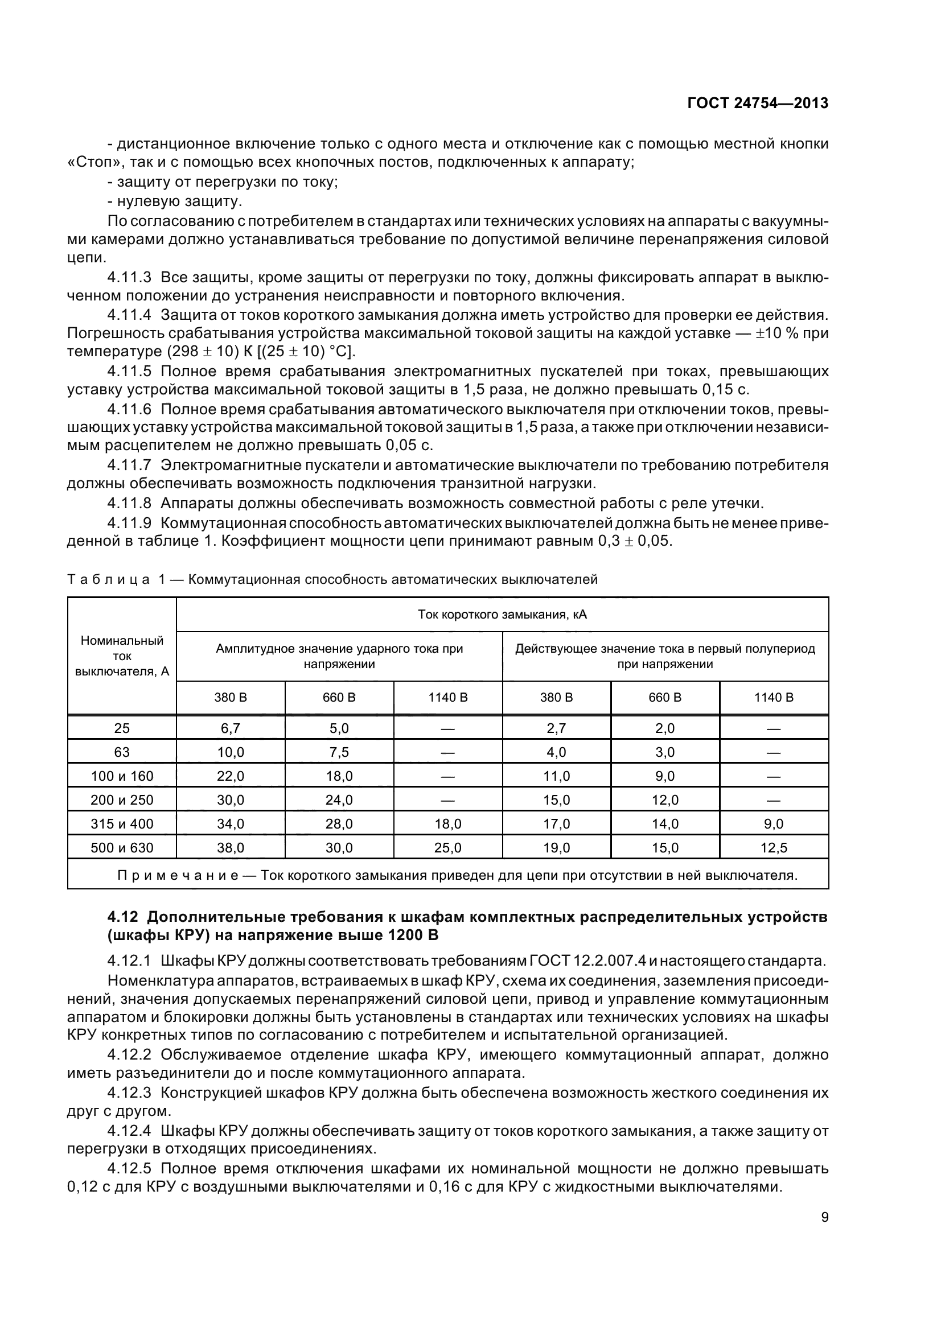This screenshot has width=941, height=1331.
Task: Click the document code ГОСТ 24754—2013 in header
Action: (x=757, y=103)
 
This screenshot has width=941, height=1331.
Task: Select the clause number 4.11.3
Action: (x=129, y=278)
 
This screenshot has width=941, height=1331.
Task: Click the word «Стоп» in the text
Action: (x=87, y=162)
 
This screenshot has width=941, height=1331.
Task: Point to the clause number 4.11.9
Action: (x=129, y=523)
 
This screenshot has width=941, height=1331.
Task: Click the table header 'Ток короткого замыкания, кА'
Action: (x=502, y=615)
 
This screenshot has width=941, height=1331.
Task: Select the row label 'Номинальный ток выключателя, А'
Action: (x=122, y=656)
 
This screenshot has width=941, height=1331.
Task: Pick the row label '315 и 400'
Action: (x=122, y=824)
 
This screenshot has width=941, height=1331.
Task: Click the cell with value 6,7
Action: (x=230, y=729)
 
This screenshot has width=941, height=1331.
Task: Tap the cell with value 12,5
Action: (x=774, y=848)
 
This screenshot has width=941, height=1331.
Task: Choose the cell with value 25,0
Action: (x=447, y=848)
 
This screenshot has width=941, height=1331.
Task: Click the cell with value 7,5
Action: (x=339, y=752)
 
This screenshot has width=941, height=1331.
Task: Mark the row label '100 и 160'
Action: (x=122, y=776)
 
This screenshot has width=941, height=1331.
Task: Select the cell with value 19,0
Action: (x=556, y=848)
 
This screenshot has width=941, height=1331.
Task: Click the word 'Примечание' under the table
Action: (x=178, y=875)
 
